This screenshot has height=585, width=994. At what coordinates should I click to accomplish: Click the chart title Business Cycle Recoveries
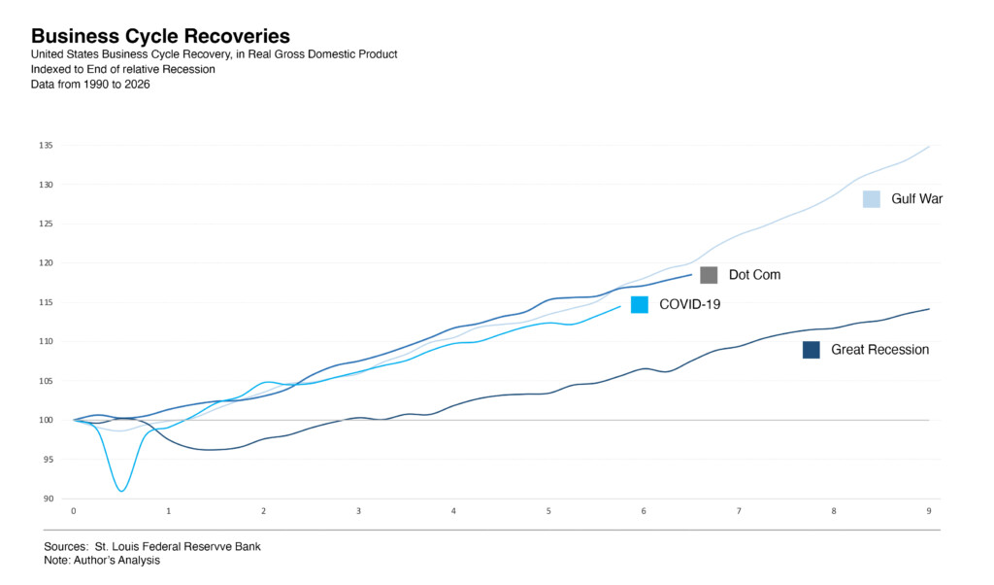(x=160, y=37)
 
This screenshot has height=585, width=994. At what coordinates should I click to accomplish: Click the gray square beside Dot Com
(x=709, y=275)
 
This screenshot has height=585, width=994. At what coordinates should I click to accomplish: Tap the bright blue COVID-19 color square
(x=640, y=304)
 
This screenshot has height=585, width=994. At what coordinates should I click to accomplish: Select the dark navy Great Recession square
(x=812, y=350)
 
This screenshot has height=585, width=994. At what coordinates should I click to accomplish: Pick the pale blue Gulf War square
(x=872, y=199)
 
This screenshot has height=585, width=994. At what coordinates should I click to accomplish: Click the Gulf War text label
(x=917, y=199)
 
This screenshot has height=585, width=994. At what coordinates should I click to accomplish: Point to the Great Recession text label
(x=879, y=350)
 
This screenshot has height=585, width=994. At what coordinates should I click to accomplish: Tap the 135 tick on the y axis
(x=47, y=146)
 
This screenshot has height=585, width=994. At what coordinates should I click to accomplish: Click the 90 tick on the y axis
(x=49, y=499)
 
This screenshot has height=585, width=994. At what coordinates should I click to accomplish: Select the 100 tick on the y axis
(x=47, y=420)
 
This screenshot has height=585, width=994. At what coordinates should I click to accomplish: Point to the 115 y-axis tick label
(x=47, y=302)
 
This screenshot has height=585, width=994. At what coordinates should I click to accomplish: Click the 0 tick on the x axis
(x=74, y=511)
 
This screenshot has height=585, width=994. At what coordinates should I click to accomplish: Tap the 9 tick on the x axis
(x=929, y=511)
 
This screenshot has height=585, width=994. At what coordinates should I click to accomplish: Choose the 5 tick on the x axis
(x=548, y=511)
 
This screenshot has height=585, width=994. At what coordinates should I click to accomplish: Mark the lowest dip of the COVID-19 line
(x=120, y=491)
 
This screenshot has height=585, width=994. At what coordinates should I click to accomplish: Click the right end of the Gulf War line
(x=929, y=147)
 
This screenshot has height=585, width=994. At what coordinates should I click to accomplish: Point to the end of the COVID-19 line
(x=620, y=307)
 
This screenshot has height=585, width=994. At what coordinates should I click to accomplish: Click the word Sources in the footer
(x=65, y=546)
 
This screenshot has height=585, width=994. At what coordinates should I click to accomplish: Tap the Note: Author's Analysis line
(x=102, y=560)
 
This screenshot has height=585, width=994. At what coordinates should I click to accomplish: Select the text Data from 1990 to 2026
(x=90, y=85)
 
